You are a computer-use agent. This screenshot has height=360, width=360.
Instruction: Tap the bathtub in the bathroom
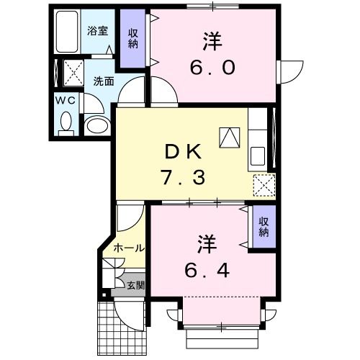pos(68,33)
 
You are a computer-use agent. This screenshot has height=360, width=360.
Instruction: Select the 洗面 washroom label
pos(103,81)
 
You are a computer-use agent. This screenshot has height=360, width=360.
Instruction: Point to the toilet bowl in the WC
pos(66,122)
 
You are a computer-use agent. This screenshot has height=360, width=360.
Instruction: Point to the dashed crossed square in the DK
pos(265,185)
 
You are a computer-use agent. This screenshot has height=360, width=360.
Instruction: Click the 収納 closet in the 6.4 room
pos(264,227)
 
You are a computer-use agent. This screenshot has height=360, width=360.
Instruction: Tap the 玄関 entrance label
pos(135,285)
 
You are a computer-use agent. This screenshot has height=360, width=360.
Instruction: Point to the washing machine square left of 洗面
pos(72,73)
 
